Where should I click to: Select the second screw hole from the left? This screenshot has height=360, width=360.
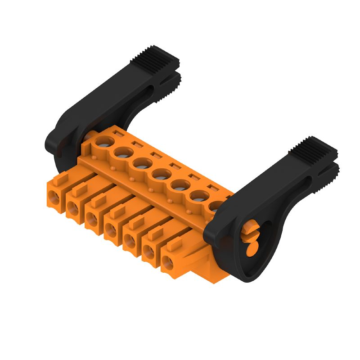coord(122,153)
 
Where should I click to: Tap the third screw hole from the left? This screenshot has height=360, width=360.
coord(141,162)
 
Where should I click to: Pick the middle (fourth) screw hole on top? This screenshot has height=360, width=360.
coord(160,173)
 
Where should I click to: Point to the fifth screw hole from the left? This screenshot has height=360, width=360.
coord(179,184)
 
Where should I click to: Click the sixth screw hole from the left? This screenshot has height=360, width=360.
coord(198,194)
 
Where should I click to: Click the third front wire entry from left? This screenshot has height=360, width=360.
coord(91,218)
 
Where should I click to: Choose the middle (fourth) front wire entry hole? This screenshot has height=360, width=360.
coord(110,229)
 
